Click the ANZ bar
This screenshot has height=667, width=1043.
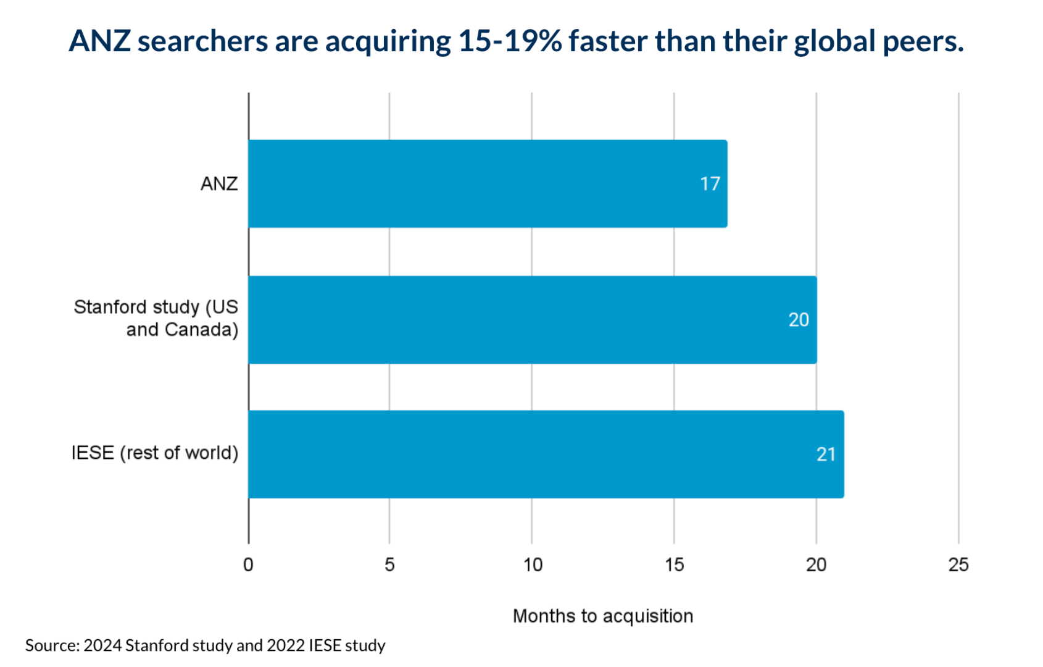(488, 183)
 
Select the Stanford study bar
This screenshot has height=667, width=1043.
(532, 319)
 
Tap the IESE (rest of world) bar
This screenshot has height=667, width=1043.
(546, 454)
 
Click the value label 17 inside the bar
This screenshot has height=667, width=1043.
(710, 184)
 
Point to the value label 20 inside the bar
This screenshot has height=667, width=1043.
(798, 320)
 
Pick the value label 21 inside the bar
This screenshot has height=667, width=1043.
(826, 455)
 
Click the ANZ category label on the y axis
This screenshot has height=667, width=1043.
(219, 184)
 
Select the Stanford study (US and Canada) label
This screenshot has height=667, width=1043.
(156, 318)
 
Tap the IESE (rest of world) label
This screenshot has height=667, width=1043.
(155, 453)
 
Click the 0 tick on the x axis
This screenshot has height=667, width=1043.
(248, 565)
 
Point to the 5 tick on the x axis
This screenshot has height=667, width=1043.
(389, 565)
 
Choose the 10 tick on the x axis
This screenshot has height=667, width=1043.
(533, 565)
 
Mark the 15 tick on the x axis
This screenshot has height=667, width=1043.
(675, 565)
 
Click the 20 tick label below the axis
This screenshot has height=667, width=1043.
(816, 565)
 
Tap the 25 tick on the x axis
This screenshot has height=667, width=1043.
(958, 565)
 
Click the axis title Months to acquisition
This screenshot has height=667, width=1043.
(603, 616)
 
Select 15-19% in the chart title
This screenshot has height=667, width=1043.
(510, 41)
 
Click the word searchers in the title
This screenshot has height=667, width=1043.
(202, 41)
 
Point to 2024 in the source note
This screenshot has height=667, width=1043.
(102, 645)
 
